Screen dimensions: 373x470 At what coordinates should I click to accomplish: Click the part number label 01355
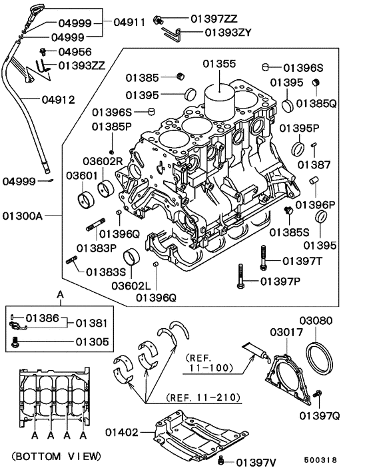219,64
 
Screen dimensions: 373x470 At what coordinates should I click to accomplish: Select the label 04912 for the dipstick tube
58,99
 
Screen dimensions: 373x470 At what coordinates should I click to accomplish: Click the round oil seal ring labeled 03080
319,357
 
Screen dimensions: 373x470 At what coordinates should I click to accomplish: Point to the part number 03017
286,332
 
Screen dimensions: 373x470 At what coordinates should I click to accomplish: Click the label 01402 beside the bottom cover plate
122,432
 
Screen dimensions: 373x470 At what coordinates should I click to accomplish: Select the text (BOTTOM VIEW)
56,456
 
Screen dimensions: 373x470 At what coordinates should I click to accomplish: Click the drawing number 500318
320,460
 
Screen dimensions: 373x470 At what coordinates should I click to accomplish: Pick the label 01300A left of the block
23,216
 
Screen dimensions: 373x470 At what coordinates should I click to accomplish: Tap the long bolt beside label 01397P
240,276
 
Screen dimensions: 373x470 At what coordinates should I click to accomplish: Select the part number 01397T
302,262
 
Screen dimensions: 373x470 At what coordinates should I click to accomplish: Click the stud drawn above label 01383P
95,224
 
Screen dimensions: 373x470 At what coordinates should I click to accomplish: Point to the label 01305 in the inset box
92,342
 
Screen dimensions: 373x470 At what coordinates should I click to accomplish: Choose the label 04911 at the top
129,22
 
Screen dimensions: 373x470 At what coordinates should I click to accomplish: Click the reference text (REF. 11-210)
203,397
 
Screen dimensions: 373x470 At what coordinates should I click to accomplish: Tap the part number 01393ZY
228,33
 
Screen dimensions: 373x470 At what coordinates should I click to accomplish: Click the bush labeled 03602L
133,257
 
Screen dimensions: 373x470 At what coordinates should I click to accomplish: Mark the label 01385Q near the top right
316,103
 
